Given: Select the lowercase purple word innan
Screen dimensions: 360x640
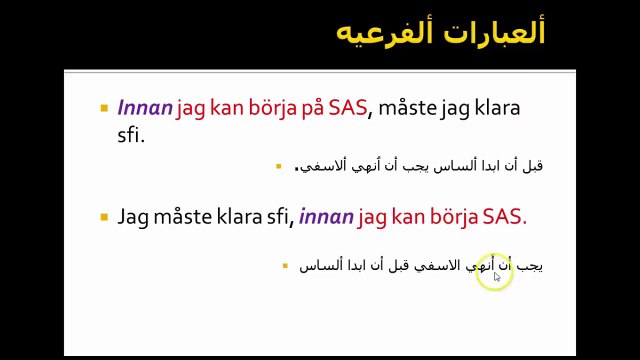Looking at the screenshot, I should pos(325,216).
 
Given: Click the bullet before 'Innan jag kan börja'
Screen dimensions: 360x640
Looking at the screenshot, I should pos(104,108).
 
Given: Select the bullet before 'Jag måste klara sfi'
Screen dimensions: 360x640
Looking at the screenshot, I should pos(104,216).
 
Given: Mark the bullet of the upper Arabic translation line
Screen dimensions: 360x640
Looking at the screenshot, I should pos(279,166).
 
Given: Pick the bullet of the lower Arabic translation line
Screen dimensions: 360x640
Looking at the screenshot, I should pos(286,266).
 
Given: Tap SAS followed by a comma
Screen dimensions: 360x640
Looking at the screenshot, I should pos(348,108).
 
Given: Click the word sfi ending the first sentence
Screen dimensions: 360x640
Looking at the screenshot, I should pos(130,135).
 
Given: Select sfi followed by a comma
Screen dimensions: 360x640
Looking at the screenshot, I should pos(275,216).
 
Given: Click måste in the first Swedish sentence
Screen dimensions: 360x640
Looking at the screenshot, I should pos(407,108).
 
